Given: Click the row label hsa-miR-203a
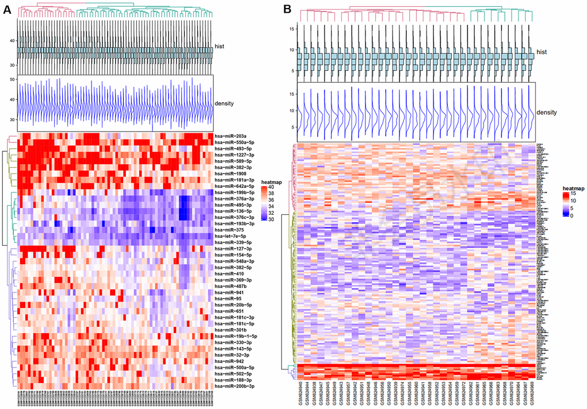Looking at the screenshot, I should [230, 136].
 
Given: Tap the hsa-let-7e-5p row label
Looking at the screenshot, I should [230, 236].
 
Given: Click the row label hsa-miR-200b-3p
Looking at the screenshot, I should [233, 386].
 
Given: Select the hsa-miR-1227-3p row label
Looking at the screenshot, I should [232, 155].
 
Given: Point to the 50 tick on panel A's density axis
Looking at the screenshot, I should [12, 79].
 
